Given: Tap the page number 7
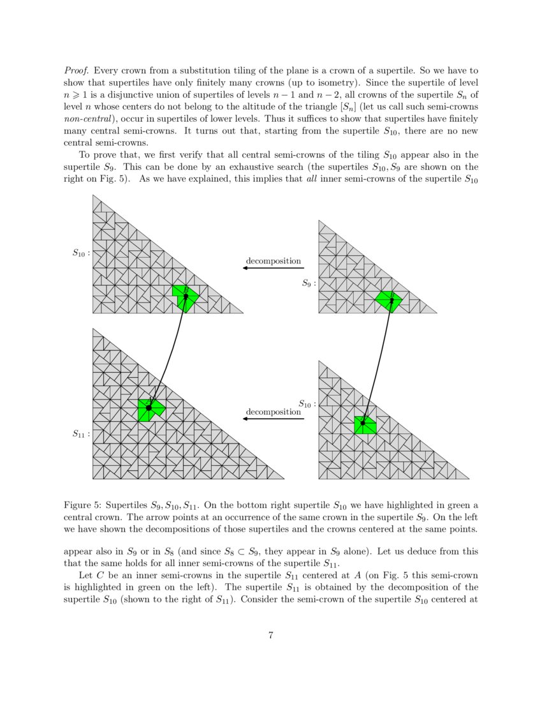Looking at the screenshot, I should click(271, 635).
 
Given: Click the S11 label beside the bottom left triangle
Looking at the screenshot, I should click(81, 434).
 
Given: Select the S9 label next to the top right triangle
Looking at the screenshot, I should click(309, 283).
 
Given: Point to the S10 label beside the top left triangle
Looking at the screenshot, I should click(81, 252).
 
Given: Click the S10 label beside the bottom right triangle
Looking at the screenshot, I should click(307, 403).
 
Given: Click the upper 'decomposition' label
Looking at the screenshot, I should click(274, 261).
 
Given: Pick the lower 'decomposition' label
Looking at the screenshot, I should click(274, 412).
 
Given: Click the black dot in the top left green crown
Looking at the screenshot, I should click(186, 296).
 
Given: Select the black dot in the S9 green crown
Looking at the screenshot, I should click(392, 299).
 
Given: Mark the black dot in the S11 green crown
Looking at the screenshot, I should click(149, 407).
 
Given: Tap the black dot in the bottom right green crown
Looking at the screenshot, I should click(362, 422).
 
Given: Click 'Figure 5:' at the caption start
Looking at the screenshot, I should click(80, 505).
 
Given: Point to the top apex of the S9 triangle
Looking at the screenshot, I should click(319, 221).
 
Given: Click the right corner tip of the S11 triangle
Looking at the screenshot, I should click(283, 478).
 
